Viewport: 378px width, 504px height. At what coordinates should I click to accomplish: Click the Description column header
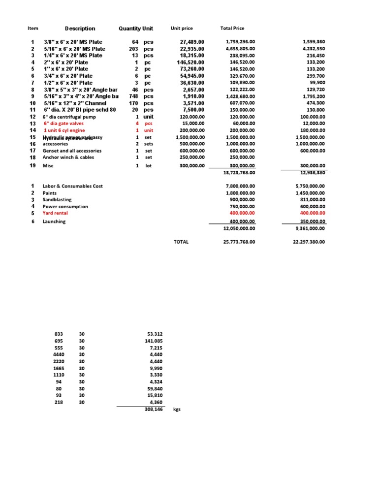pos(80,29)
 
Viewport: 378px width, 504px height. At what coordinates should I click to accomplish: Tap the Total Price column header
pos(233,29)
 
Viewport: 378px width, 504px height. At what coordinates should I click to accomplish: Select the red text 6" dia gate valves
pos(63,124)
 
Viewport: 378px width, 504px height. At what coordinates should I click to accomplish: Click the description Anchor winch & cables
pos(68,157)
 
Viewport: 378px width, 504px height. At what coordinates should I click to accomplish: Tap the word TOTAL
pos(181,242)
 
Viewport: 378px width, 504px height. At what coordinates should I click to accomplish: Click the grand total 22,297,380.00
pos(305,242)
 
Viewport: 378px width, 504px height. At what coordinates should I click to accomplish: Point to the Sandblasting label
pos(57,200)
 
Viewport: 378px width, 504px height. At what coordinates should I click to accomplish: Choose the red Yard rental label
pos(56,213)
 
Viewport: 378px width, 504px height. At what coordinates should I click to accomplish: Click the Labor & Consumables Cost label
pos(73,186)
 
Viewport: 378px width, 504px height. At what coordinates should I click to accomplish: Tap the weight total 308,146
pos(155,409)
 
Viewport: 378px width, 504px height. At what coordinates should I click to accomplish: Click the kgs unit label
pos(177,409)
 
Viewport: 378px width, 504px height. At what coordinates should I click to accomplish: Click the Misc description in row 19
pos(48,166)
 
